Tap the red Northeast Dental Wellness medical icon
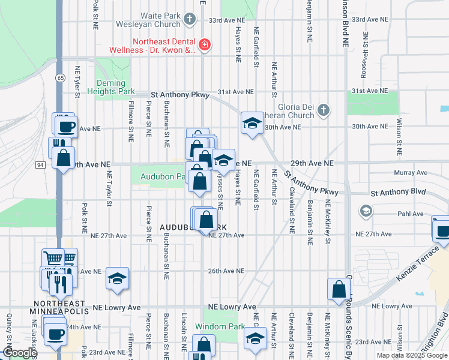click(x=205, y=44)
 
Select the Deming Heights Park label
click(x=110, y=88)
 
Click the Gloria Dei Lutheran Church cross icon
click(x=324, y=110)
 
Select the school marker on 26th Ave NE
click(x=118, y=278)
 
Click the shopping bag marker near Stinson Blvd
click(x=339, y=289)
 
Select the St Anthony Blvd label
click(x=397, y=193)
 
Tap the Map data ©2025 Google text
click(x=412, y=355)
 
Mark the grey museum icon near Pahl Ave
click(x=366, y=211)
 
